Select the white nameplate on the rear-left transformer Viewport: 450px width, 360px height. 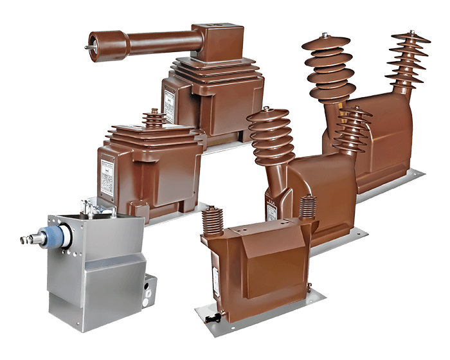click(x=169, y=103)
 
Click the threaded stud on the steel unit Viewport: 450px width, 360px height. click(x=26, y=240)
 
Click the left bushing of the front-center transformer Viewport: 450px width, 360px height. click(x=211, y=222)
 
